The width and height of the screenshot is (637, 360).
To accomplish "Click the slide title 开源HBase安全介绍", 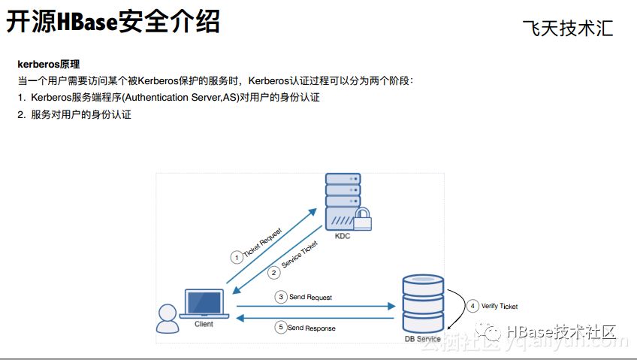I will point(113,22).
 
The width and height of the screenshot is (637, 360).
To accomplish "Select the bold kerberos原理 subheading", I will point(48,65).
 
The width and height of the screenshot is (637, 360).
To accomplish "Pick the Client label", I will point(204,324).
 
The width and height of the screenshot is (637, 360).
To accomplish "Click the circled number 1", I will point(237,257).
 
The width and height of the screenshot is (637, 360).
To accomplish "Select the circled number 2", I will point(274,272).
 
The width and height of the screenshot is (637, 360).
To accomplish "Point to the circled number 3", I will point(281,297).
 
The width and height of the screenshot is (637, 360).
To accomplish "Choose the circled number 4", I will point(472,306).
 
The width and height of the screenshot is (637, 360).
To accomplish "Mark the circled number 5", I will point(281,328).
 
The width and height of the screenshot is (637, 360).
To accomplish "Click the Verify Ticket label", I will point(500,307).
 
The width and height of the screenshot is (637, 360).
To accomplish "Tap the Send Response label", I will point(311,328).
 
